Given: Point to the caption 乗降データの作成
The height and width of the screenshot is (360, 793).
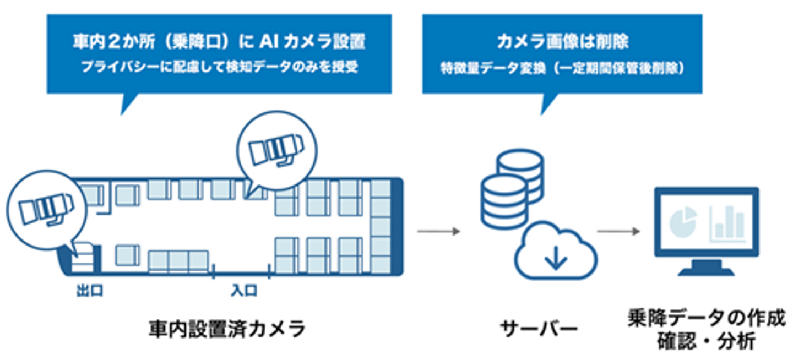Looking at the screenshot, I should [705, 320].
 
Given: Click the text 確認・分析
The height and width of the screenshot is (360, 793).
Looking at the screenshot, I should [705, 342].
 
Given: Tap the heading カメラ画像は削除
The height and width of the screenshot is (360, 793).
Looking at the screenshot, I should [562, 42].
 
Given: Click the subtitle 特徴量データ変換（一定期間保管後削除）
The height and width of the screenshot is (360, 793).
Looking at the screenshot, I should [562, 68].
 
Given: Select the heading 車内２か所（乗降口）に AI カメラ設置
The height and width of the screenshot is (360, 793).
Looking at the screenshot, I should [219, 42].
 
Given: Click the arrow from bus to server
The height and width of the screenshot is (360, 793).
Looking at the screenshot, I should [438, 231].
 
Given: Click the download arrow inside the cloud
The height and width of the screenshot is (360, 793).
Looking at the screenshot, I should [556, 258].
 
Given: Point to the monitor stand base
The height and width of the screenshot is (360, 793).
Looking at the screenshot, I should [705, 271].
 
